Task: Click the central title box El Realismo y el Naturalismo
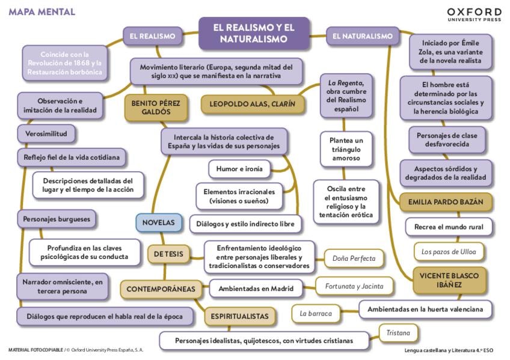(254, 33)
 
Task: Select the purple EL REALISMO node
(152, 36)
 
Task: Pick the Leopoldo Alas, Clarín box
(252, 104)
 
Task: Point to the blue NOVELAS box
(158, 222)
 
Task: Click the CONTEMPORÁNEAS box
(161, 289)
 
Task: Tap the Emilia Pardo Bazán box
(446, 202)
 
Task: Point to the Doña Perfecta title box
(354, 258)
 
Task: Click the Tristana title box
(399, 332)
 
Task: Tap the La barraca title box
(312, 313)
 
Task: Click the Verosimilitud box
(46, 133)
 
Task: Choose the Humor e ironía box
(239, 169)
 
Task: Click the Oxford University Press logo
(474, 14)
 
